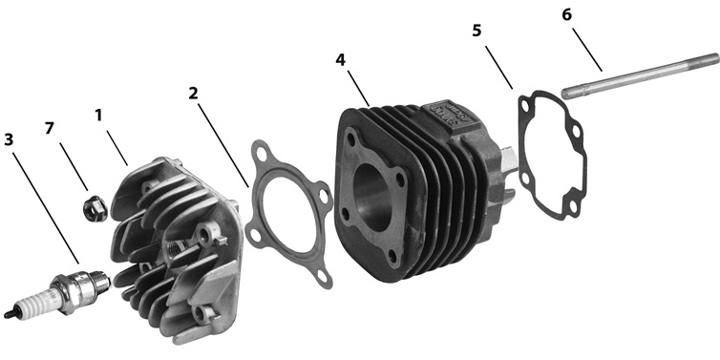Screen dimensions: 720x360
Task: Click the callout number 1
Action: click(98, 116)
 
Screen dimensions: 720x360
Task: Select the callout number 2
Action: click(193, 94)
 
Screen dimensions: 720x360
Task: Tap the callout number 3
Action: click(9, 139)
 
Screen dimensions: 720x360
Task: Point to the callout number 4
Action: click(340, 60)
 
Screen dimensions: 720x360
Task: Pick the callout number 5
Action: click(476, 31)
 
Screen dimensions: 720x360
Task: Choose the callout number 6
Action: click(567, 14)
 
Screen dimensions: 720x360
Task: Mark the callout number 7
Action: click(50, 128)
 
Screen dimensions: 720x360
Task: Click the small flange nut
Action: click(95, 208)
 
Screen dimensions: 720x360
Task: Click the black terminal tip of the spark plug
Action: click(9, 313)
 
